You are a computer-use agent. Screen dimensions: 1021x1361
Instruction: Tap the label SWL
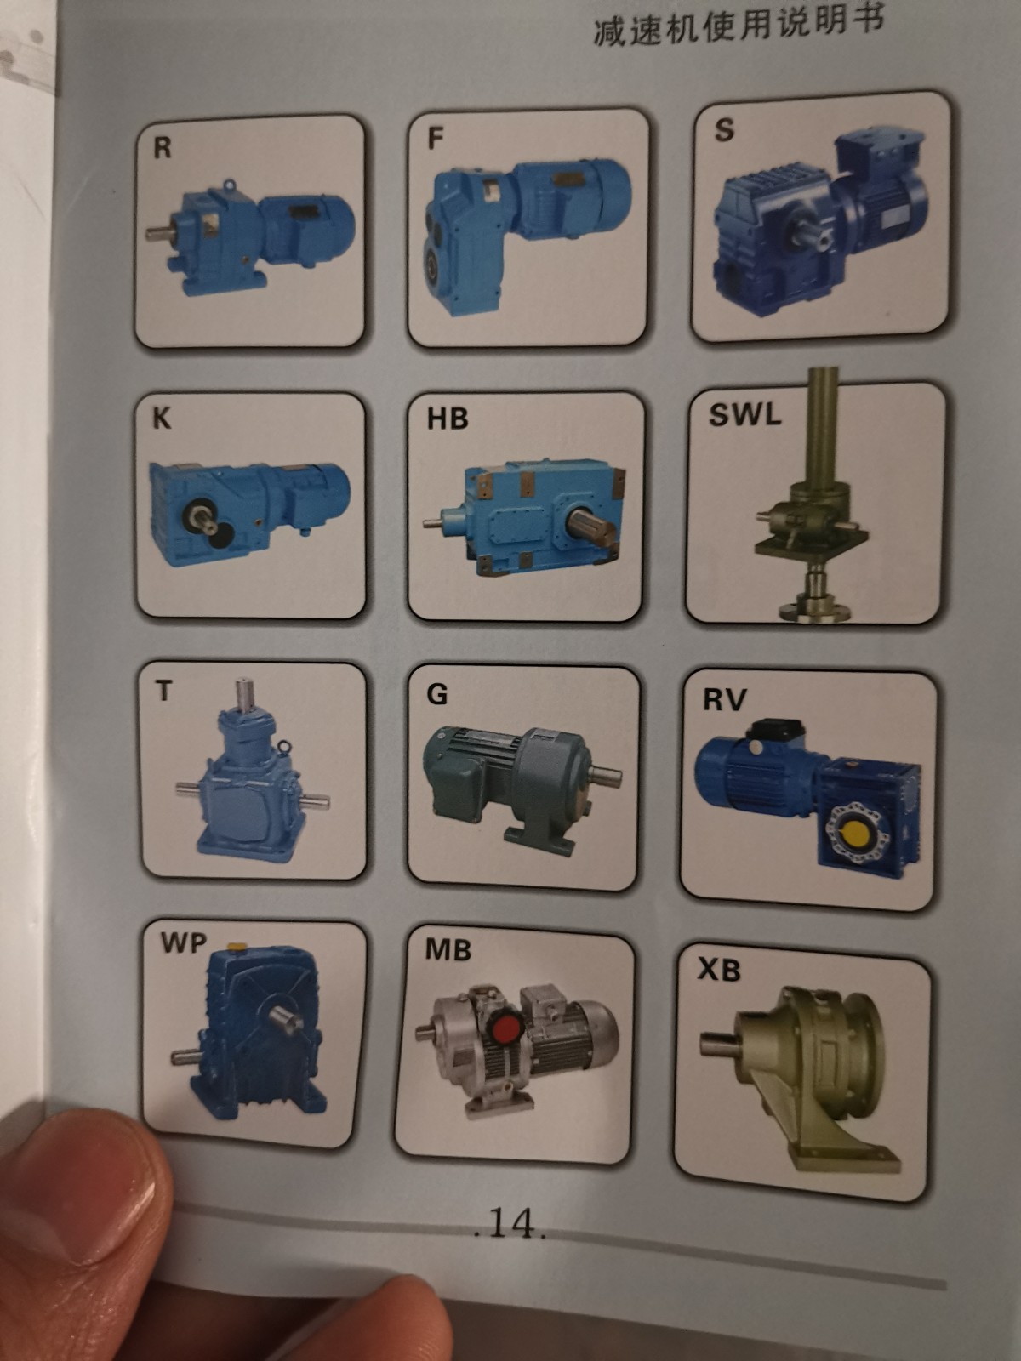[x=744, y=413]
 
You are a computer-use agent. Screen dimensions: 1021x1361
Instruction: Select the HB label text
[x=448, y=419]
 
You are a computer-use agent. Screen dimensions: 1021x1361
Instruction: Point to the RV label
[x=725, y=699]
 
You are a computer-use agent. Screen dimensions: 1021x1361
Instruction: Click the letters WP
[x=184, y=942]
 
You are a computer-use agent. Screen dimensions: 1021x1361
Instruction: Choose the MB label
[x=448, y=949]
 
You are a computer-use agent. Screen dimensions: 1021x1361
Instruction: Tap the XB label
[x=719, y=969]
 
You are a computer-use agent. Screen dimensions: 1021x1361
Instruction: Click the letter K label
[x=161, y=419]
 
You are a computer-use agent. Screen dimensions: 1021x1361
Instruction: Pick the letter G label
[x=437, y=694]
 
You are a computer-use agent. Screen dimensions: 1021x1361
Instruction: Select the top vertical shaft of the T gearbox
[x=245, y=693]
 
